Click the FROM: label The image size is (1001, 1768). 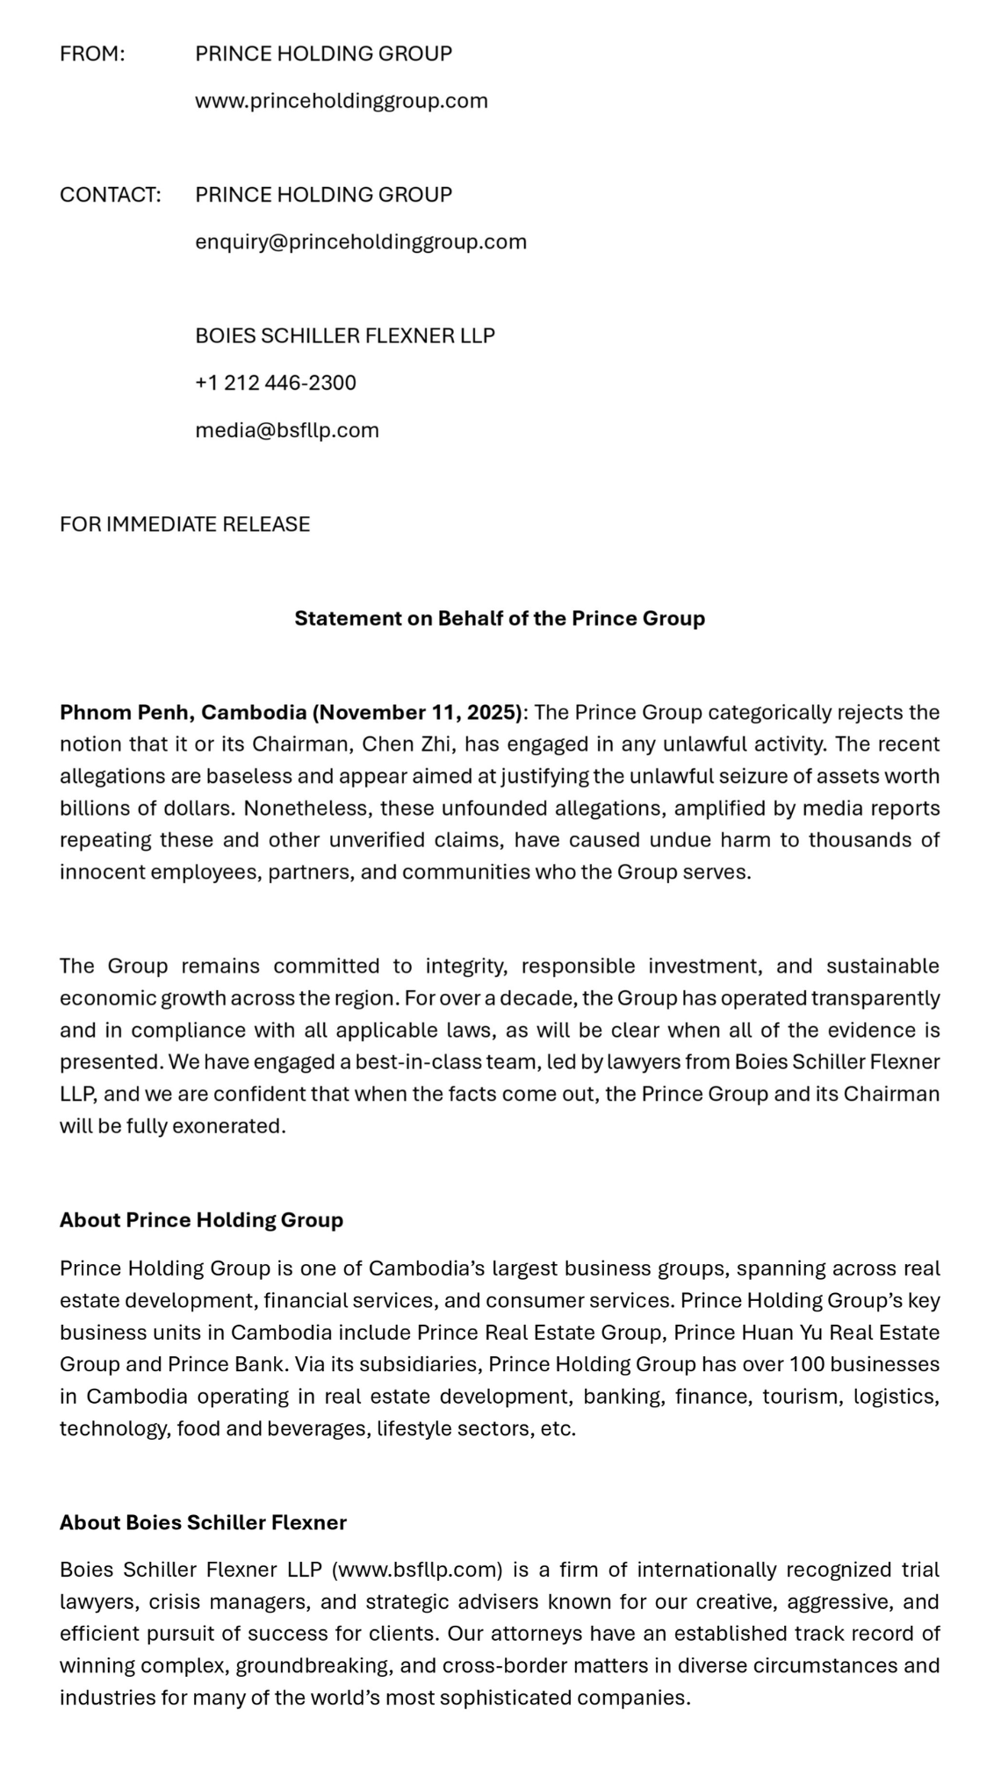(x=92, y=54)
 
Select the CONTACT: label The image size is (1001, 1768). (x=110, y=195)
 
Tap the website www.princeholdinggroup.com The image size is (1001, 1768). (x=341, y=101)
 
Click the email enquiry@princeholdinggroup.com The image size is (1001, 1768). (x=360, y=242)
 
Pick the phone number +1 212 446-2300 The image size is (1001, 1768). (x=275, y=383)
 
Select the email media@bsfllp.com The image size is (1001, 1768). (x=286, y=430)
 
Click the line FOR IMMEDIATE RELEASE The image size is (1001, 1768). (x=184, y=524)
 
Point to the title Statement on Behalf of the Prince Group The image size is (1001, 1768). (x=500, y=618)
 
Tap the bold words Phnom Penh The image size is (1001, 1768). (x=127, y=712)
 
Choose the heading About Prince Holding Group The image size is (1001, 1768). (x=201, y=1220)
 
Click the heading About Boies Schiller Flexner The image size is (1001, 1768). (x=203, y=1522)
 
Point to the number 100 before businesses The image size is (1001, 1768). (x=806, y=1364)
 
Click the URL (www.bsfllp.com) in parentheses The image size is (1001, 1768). (x=417, y=1570)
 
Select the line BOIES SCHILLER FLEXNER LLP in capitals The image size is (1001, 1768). (x=344, y=335)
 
